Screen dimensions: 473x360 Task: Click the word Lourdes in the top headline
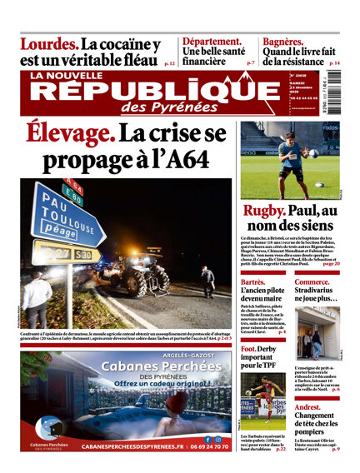pyautogui.click(x=49, y=44)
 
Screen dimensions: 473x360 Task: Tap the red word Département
pyautogui.click(x=212, y=42)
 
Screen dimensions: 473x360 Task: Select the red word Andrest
pyautogui.click(x=310, y=406)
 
